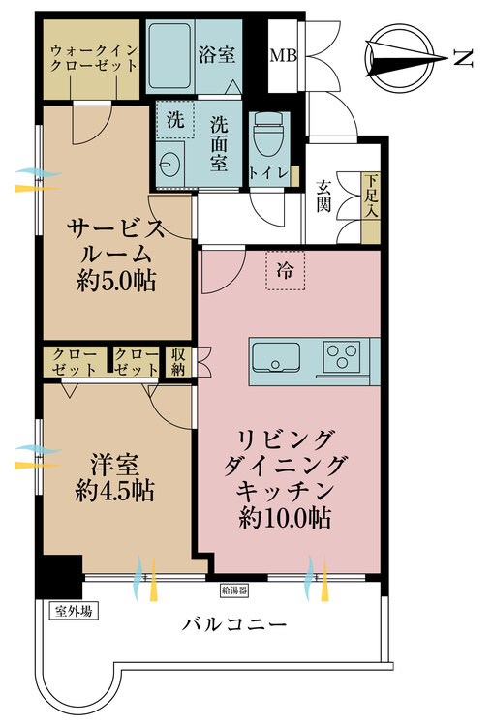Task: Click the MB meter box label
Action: click(283, 55)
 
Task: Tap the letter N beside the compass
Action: click(463, 58)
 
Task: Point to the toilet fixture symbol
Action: click(269, 134)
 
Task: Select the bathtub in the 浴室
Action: click(170, 55)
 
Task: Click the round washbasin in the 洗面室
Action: click(167, 164)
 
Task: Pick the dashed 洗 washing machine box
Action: click(175, 119)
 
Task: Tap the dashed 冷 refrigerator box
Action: click(286, 270)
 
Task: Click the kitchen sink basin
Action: click(276, 357)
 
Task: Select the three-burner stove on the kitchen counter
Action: click(342, 356)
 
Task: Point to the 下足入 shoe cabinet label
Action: click(371, 195)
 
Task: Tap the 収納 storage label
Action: click(178, 362)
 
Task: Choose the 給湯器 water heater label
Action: click(234, 590)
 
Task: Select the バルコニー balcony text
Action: click(234, 624)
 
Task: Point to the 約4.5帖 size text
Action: click(115, 491)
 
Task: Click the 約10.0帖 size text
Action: click(286, 518)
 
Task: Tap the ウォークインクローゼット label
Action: click(93, 58)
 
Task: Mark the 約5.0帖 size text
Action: click(116, 280)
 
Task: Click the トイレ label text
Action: click(268, 172)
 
